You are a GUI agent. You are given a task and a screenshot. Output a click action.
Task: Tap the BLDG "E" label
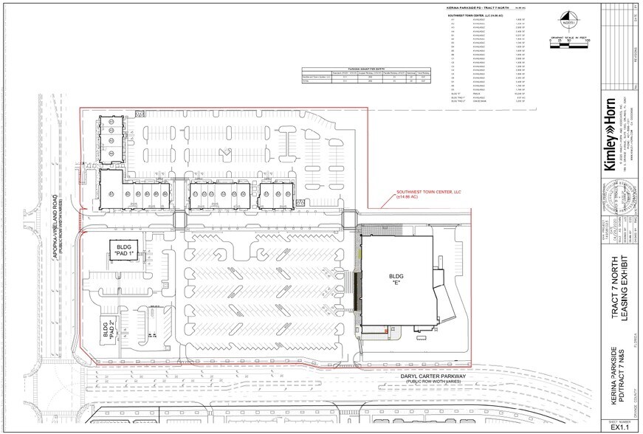pos(399,280)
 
